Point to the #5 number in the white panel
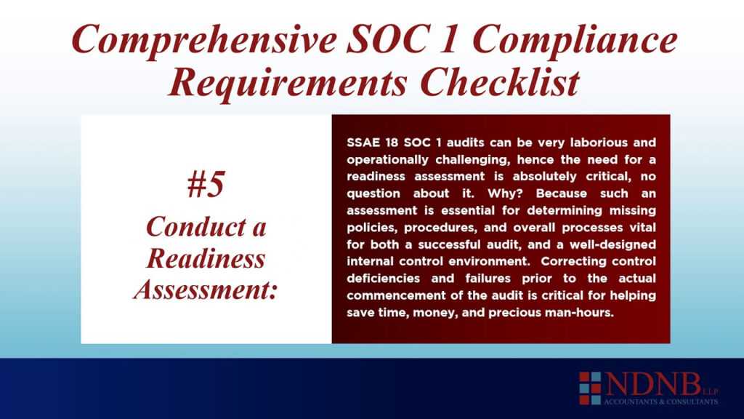point(206,185)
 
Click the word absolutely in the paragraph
point(533,175)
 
